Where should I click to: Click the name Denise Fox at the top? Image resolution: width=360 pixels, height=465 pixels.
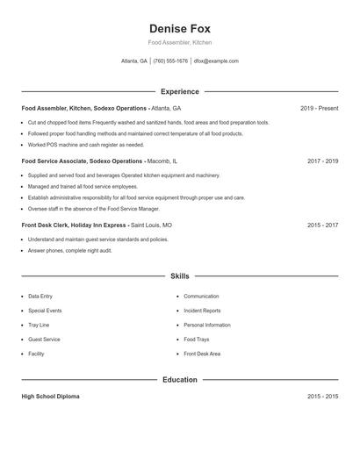click(x=179, y=29)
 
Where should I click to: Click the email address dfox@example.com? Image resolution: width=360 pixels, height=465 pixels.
click(x=216, y=61)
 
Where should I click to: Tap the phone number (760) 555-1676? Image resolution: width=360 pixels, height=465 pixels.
click(x=170, y=61)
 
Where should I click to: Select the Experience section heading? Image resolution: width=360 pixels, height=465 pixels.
click(x=179, y=91)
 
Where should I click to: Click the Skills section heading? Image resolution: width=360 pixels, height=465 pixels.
click(x=179, y=276)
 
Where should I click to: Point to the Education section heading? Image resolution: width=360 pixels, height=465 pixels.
click(x=179, y=380)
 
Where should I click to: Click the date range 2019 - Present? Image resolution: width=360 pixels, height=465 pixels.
click(x=319, y=108)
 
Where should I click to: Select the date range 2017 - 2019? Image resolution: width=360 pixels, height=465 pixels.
click(x=322, y=161)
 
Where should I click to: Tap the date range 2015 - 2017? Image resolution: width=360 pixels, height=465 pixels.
click(x=322, y=225)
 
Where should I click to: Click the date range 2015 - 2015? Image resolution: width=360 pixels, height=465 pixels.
click(x=322, y=397)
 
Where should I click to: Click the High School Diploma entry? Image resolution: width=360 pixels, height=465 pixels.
click(x=50, y=397)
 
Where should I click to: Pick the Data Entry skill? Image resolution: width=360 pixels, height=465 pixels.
click(x=40, y=297)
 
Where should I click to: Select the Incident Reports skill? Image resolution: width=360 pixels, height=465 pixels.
click(x=202, y=311)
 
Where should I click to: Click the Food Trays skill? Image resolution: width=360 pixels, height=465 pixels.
click(x=197, y=340)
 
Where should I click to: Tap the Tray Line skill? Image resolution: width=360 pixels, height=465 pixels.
click(x=39, y=325)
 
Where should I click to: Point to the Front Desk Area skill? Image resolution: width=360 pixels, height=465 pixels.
click(x=202, y=354)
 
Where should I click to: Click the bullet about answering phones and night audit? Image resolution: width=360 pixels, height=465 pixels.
click(x=70, y=251)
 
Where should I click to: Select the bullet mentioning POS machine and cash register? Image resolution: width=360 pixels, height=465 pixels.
click(x=86, y=145)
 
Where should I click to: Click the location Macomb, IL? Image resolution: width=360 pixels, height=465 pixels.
click(x=162, y=161)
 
